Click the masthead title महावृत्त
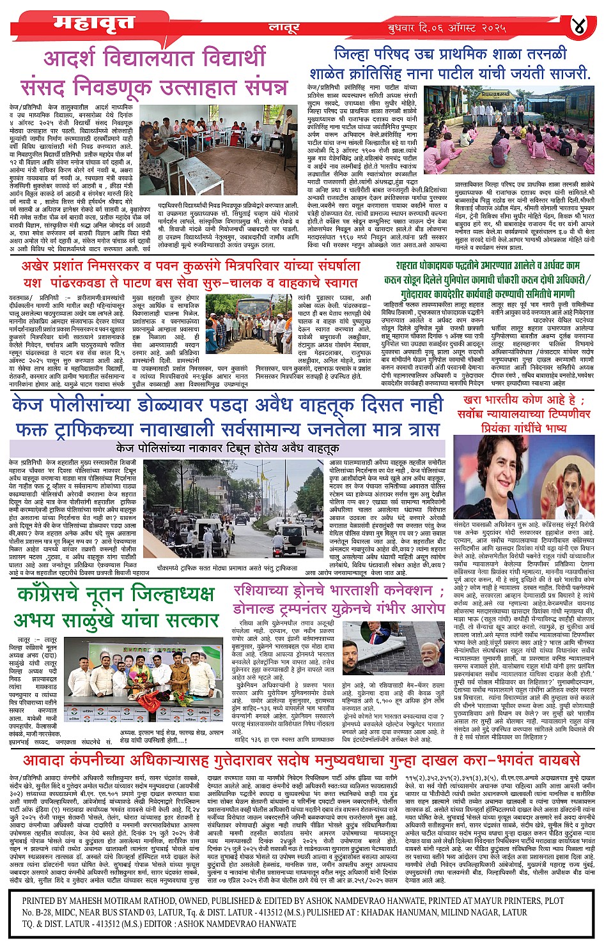[x=94, y=22]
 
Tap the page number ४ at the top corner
[x=578, y=26]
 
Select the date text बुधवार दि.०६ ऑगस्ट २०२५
[x=447, y=28]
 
